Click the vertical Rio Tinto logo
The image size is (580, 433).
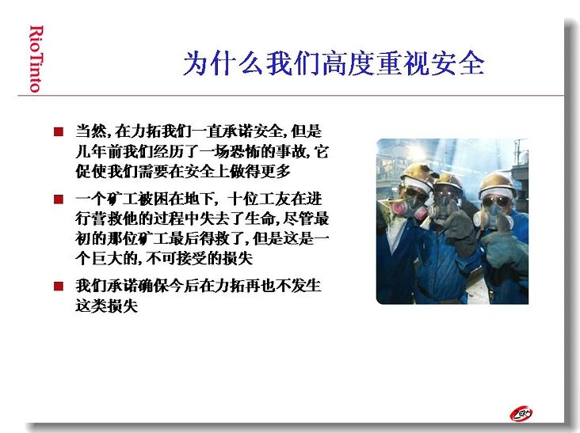tap(36, 59)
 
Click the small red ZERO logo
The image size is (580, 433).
tap(521, 414)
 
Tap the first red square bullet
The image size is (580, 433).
tap(59, 131)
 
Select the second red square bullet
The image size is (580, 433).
tap(59, 199)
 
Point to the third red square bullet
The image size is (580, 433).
tap(59, 286)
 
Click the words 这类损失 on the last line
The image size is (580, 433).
tap(106, 306)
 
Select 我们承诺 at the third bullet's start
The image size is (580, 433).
tap(106, 286)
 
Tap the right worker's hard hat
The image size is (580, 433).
tap(497, 184)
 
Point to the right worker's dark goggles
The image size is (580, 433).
tap(496, 202)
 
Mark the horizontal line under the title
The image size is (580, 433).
tap(291, 96)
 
